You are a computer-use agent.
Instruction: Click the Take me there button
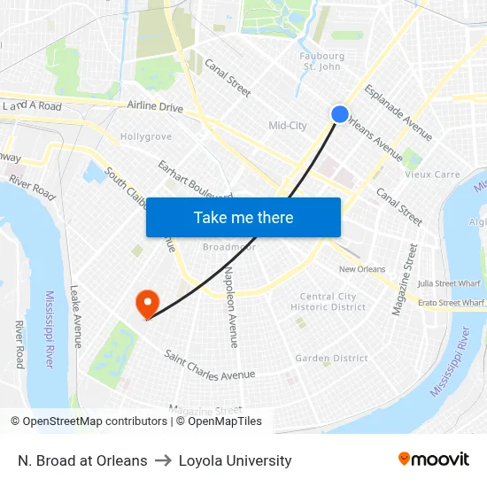(243, 217)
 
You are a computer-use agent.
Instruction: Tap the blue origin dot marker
(340, 114)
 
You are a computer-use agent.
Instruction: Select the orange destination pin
(146, 305)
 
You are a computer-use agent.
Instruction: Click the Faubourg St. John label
(321, 61)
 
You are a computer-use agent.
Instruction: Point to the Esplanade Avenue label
(398, 112)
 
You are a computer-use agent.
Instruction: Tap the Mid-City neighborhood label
(288, 126)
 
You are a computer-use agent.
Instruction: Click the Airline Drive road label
(155, 107)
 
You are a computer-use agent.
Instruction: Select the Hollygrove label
(146, 137)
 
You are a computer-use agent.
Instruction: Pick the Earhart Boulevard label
(194, 182)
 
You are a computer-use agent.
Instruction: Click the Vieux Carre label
(433, 174)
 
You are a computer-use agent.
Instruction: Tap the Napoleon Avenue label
(231, 306)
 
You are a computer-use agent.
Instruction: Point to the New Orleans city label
(362, 269)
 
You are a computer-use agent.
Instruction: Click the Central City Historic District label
(329, 302)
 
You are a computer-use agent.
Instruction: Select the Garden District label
(331, 358)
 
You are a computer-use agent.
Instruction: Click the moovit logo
(433, 460)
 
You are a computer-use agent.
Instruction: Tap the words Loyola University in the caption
(235, 460)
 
